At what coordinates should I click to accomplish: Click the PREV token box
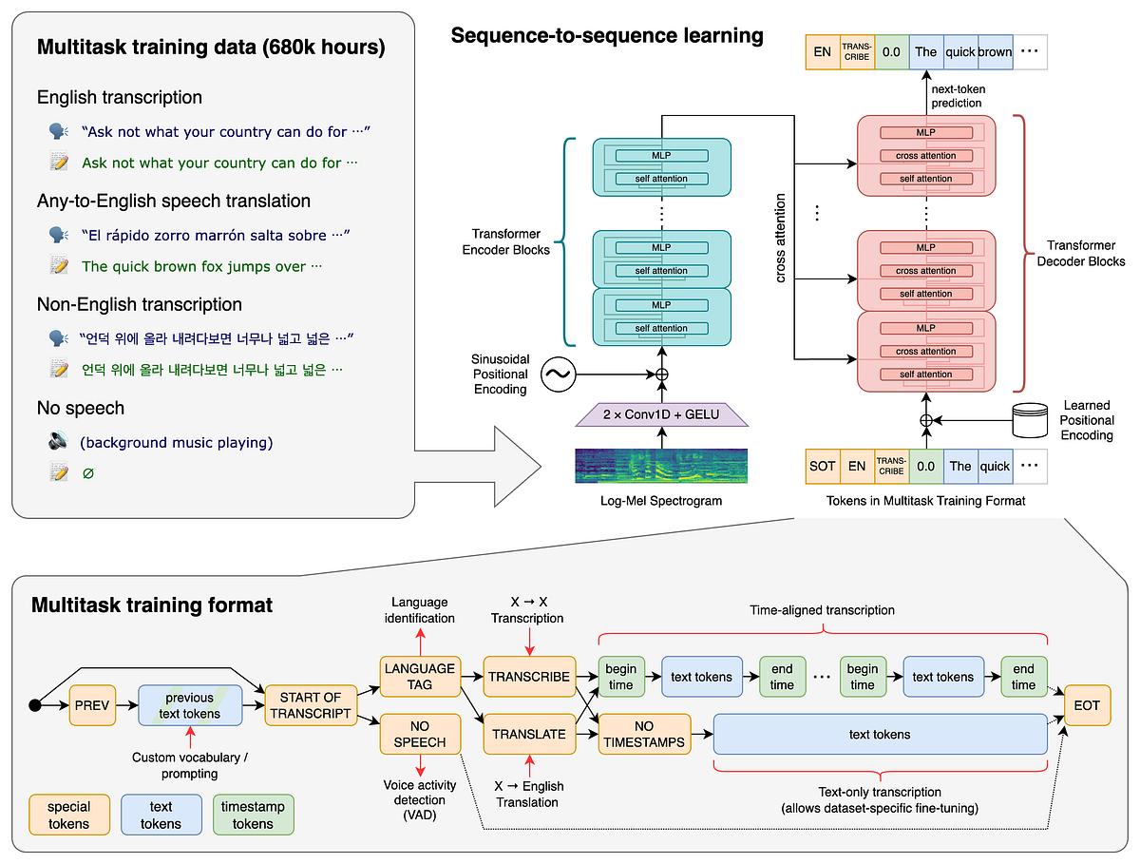(x=91, y=705)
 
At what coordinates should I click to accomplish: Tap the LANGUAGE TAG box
(x=419, y=676)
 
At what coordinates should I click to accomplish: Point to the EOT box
(x=1086, y=705)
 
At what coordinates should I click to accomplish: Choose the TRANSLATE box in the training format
(x=529, y=734)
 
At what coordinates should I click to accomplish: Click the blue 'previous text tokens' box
(x=189, y=705)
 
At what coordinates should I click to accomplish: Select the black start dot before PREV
(x=35, y=705)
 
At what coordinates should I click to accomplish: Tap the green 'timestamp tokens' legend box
(x=253, y=816)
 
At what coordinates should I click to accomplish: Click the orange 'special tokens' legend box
(x=68, y=816)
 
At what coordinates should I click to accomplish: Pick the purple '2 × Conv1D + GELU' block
(x=661, y=414)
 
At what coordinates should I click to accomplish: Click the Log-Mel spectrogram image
(x=661, y=465)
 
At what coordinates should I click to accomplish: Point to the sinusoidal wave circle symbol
(x=557, y=375)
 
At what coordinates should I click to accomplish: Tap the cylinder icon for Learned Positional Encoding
(x=1033, y=418)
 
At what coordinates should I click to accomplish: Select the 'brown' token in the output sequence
(x=995, y=52)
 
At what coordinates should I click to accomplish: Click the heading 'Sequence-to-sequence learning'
(x=607, y=36)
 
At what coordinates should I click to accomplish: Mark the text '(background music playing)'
(x=177, y=442)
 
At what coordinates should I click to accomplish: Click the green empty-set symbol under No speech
(x=88, y=472)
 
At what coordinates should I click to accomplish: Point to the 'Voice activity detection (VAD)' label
(x=419, y=800)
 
